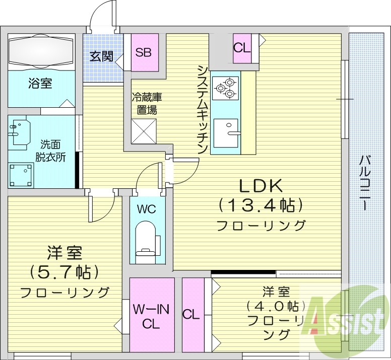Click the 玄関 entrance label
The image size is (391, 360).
point(101,56)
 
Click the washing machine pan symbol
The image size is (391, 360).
point(21,174)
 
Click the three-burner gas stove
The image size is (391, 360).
point(225,87)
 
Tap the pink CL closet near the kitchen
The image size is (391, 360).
point(242,48)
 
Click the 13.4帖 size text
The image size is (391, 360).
point(260,205)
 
